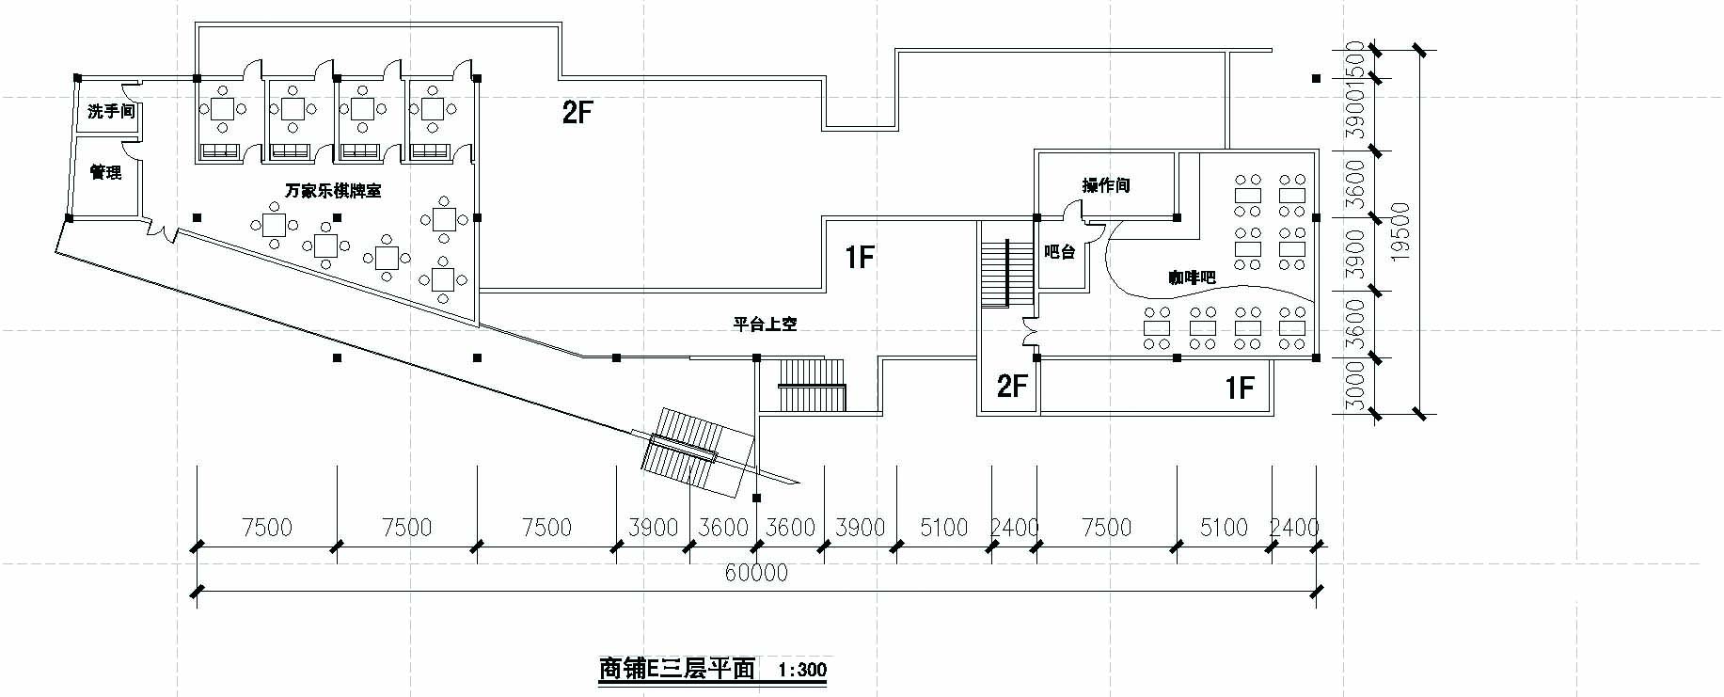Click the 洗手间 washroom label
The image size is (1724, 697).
tap(111, 112)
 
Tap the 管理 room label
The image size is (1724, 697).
tap(105, 173)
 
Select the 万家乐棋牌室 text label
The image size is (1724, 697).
tap(333, 191)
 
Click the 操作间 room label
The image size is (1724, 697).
tap(1106, 185)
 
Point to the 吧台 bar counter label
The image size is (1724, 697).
tap(1060, 252)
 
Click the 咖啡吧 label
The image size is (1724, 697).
tap(1193, 277)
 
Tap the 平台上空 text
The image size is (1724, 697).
tap(765, 324)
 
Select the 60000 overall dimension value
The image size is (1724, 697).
tap(756, 573)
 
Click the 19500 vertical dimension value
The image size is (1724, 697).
tap(1401, 231)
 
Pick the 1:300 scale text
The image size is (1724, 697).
tap(802, 670)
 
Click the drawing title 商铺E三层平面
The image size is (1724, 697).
tap(677, 669)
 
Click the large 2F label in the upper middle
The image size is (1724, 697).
tap(577, 114)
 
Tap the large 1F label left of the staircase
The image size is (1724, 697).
tap(860, 257)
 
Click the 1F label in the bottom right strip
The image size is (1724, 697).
tap(1240, 387)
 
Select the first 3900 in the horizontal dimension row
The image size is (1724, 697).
tap(652, 528)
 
